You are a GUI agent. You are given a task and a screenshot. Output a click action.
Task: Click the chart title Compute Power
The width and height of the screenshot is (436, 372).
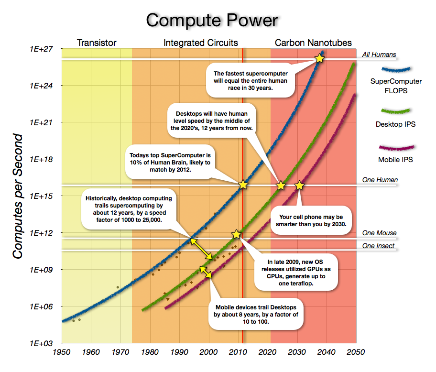coord(212,20)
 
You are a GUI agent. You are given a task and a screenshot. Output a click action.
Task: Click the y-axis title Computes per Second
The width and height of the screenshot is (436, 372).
coord(18,197)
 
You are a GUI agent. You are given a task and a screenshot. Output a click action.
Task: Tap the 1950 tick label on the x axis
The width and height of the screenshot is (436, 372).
coord(61,353)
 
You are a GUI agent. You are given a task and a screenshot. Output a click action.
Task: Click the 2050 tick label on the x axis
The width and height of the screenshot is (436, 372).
coord(356,353)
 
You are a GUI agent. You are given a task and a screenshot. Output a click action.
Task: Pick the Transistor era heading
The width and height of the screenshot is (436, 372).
coord(97,43)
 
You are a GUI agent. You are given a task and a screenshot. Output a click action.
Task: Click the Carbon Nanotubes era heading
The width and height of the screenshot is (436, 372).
coord(313,43)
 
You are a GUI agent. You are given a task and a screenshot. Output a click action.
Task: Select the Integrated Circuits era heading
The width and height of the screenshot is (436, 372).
coord(201,43)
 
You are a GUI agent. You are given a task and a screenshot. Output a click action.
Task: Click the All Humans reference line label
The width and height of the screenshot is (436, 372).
coord(379,55)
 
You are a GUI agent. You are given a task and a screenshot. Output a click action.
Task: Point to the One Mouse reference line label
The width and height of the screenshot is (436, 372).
coord(379,233)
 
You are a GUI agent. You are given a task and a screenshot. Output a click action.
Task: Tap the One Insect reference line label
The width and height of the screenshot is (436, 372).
coord(378,246)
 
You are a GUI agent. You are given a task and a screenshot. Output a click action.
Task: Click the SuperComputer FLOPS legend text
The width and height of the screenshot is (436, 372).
coord(396,86)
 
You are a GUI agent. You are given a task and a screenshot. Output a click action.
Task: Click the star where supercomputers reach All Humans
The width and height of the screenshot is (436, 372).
coord(319,58)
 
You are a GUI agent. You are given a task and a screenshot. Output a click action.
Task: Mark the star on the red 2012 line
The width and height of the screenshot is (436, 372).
coord(243,185)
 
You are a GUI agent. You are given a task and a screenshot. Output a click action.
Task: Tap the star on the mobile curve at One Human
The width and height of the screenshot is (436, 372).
coord(299,185)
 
